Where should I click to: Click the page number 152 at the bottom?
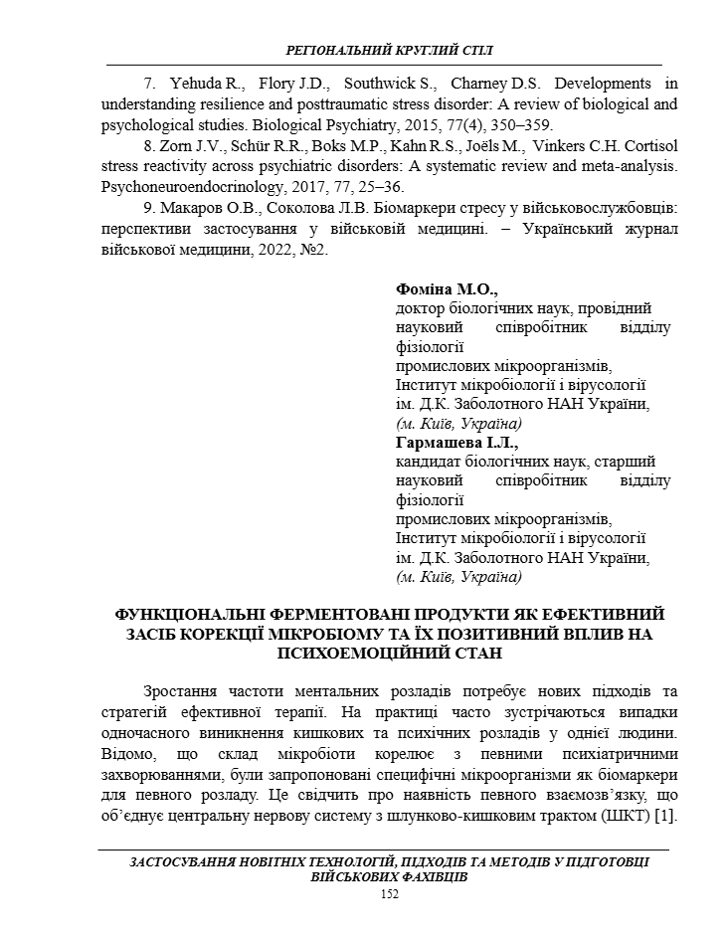point(390,894)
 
